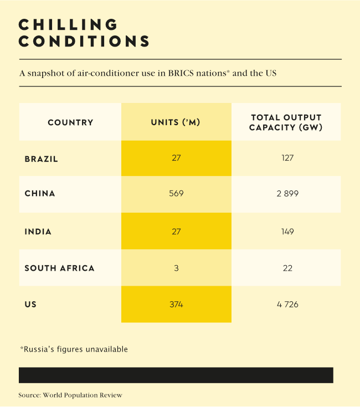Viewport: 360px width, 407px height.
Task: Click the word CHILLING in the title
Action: pyautogui.click(x=69, y=25)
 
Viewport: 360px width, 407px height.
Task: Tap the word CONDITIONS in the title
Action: pyautogui.click(x=84, y=42)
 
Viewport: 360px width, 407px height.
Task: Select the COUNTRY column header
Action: pyautogui.click(x=70, y=122)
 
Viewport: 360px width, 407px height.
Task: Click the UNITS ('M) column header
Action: pyautogui.click(x=176, y=122)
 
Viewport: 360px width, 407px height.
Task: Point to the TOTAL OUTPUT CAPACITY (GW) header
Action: pyautogui.click(x=286, y=122)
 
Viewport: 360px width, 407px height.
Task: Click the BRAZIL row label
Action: pyautogui.click(x=42, y=159)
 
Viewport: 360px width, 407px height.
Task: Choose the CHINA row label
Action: pyautogui.click(x=40, y=194)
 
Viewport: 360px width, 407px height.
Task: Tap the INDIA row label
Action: pyautogui.click(x=38, y=232)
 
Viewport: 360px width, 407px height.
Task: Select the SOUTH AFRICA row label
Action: pyautogui.click(x=60, y=268)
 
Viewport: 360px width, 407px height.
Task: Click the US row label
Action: pyautogui.click(x=30, y=305)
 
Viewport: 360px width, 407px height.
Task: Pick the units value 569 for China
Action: pyautogui.click(x=176, y=194)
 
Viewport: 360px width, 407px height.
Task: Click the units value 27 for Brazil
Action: pyautogui.click(x=176, y=158)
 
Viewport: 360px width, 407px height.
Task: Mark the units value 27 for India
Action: pyautogui.click(x=176, y=231)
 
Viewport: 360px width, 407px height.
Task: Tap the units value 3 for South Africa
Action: pyautogui.click(x=176, y=268)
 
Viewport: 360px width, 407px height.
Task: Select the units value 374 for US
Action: pyautogui.click(x=176, y=305)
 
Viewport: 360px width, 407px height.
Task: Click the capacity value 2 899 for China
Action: pyautogui.click(x=286, y=194)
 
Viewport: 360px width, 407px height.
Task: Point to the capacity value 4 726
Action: pyautogui.click(x=286, y=305)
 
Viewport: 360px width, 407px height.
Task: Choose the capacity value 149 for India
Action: pyautogui.click(x=286, y=231)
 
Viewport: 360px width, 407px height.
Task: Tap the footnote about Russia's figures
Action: pyautogui.click(x=74, y=349)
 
